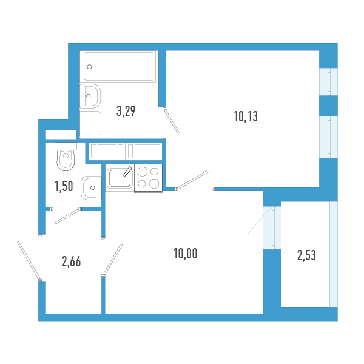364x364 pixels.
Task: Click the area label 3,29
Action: (126, 111)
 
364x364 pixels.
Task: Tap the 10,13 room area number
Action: (246, 117)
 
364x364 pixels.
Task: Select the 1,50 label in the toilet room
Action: (64, 186)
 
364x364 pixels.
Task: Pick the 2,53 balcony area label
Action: (306, 255)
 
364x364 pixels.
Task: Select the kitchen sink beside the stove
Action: (118, 178)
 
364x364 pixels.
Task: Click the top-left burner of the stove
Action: (143, 172)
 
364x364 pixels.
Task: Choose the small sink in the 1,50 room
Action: (91, 186)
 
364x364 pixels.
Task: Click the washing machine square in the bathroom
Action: (89, 124)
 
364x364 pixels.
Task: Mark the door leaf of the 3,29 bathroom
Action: (171, 121)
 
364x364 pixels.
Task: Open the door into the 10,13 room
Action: (193, 180)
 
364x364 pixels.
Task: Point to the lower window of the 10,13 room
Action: (329, 136)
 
